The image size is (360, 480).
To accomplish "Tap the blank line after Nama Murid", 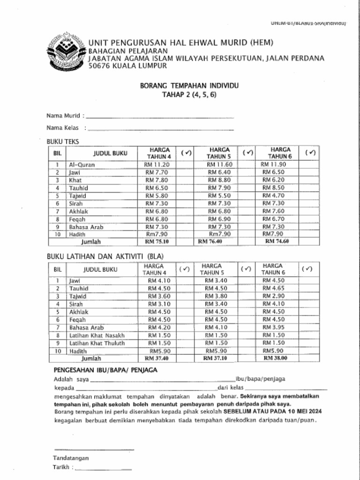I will pos(160,116).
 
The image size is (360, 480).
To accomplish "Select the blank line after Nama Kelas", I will pos(161,128).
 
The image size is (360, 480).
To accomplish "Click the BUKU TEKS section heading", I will pos(63,141).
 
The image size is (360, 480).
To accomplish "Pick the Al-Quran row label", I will pos(82,165).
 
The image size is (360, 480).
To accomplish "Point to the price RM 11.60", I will pos(219,165).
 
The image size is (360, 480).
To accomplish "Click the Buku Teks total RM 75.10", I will pos(157,242).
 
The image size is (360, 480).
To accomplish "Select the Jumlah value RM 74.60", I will pos(277,241).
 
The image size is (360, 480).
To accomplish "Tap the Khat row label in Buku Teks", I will pos(75,180).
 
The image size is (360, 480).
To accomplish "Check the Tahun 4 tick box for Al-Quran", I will pos(187,165).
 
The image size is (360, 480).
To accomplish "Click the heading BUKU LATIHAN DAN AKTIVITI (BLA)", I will pos(105,256).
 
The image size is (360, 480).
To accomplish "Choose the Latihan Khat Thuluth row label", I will pos(97,343).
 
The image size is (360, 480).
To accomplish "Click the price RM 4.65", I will pos(273,288).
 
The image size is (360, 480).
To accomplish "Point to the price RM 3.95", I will pos(273,327).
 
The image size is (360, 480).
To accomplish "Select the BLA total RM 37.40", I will pos(157,358).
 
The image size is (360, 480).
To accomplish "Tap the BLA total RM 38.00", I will pos(275,358).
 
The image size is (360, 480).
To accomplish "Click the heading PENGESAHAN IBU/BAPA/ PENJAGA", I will pos(105,370).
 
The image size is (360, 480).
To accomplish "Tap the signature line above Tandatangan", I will pos(94,450).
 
